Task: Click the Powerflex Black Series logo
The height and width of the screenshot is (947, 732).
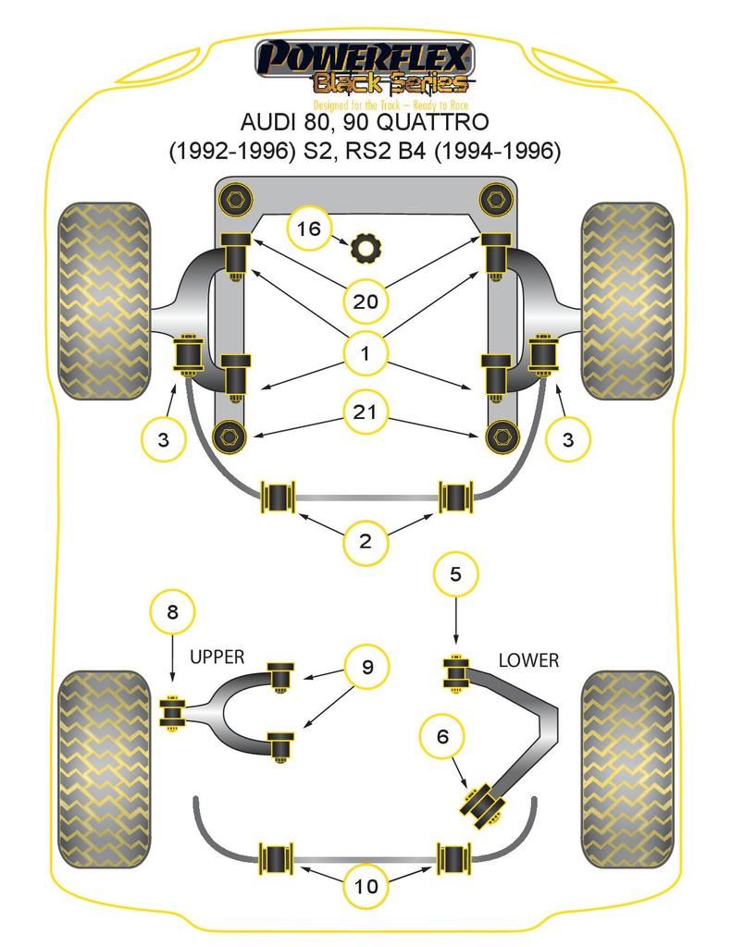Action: coord(365,70)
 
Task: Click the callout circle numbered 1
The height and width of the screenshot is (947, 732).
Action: coord(365,353)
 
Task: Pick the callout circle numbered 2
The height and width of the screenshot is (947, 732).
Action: coord(365,541)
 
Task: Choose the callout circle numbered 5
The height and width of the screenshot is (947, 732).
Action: coord(455,574)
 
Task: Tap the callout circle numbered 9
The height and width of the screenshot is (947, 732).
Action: coord(366,667)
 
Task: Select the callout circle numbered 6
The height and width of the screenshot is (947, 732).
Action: coord(443,736)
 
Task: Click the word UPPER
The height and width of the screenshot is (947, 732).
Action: coord(217,658)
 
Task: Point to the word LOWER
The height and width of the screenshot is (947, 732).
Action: coord(528,660)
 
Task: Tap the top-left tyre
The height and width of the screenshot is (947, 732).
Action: coord(104,301)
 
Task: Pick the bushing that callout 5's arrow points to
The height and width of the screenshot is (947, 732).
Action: coord(455,671)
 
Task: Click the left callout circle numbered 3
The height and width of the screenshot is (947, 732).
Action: coord(164,439)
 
